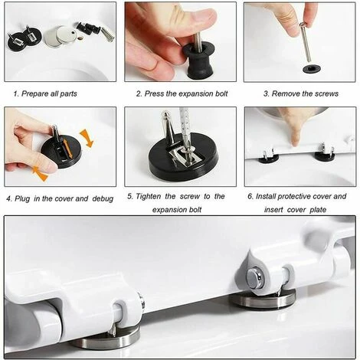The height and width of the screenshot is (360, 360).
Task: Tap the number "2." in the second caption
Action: pos(139,93)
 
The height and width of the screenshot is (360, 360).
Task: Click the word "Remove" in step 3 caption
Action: pos(286,93)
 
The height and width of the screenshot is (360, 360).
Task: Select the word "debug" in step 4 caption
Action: pos(101,198)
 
